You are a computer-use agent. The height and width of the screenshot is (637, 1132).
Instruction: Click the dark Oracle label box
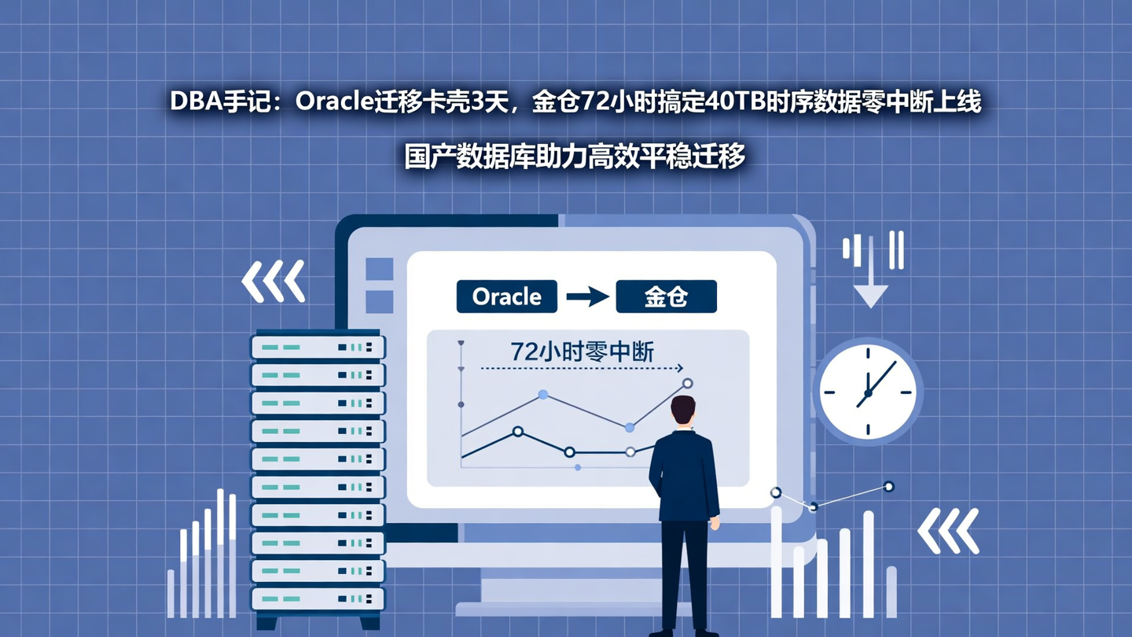506,296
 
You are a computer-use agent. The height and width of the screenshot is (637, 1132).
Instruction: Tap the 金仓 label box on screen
666,296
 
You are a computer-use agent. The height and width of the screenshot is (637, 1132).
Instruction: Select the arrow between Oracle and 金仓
587,296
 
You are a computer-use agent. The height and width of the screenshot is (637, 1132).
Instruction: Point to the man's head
682,411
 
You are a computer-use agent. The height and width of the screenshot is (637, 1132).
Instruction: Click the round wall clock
868,391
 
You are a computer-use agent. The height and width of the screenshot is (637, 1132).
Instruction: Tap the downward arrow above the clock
870,294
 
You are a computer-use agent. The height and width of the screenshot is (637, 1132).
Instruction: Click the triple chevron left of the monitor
273,281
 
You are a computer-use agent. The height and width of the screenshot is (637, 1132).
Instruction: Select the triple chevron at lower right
949,530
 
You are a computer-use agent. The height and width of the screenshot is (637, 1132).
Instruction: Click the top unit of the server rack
318,347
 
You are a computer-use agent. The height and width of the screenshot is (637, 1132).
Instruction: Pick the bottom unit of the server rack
318,599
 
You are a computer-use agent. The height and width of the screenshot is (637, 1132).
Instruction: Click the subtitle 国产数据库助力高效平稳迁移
575,156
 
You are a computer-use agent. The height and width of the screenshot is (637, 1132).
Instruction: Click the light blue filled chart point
542,394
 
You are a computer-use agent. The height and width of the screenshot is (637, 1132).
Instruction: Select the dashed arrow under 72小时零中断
582,368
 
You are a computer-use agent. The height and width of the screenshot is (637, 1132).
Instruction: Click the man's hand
715,523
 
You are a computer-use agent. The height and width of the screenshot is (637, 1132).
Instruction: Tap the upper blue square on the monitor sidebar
380,269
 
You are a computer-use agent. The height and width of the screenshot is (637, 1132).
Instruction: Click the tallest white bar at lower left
221,550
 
